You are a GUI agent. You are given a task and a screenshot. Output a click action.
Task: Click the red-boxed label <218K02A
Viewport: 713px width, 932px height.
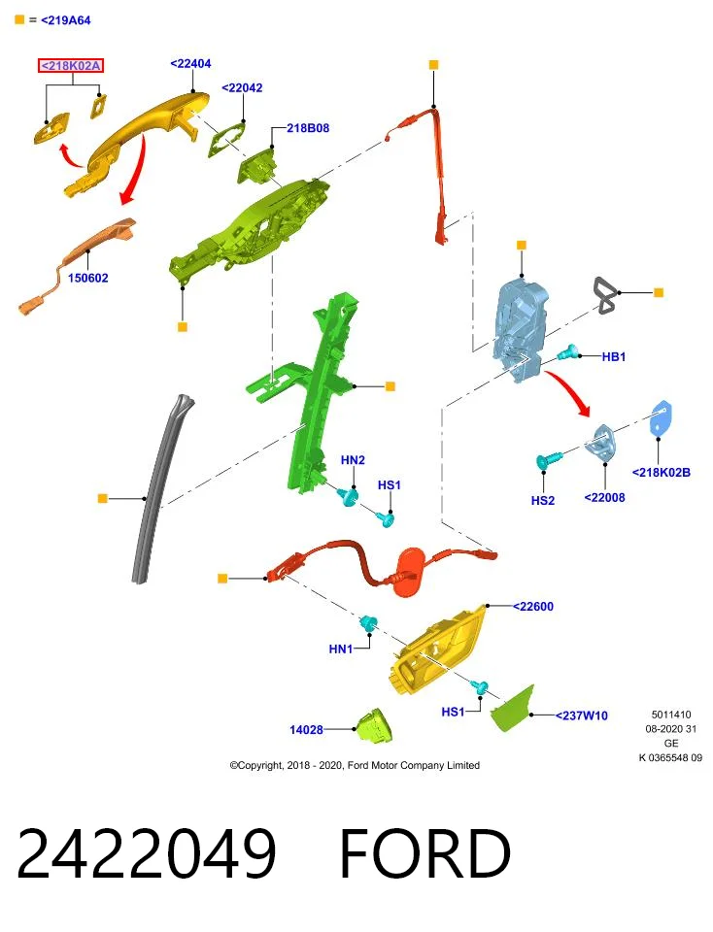[71, 65]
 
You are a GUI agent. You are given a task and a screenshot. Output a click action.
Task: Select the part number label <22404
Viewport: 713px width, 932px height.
[190, 64]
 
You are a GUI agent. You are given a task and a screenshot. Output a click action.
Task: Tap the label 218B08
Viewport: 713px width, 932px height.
[308, 128]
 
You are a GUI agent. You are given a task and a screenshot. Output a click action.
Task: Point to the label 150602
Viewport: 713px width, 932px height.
[88, 278]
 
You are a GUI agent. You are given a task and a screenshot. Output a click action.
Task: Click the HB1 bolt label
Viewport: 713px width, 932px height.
[614, 356]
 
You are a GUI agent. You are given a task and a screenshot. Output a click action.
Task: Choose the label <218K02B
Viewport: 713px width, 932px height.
[662, 473]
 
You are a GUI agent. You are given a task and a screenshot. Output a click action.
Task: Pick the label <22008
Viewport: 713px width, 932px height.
[605, 497]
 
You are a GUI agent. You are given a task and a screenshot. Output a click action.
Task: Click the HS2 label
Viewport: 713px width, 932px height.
[542, 501]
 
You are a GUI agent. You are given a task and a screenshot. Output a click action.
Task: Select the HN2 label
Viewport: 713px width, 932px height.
[353, 460]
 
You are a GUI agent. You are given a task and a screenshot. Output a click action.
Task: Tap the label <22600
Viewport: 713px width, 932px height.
[533, 606]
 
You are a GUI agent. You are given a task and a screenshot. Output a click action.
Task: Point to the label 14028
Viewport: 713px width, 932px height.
[306, 730]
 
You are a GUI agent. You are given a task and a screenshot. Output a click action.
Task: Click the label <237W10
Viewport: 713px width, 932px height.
[582, 716]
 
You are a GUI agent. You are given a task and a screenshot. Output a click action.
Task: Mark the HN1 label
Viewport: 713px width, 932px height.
[341, 649]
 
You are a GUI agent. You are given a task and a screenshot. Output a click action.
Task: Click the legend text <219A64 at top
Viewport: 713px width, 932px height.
[66, 20]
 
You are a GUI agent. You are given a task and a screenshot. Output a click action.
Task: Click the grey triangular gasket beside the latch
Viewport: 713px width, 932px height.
[605, 295]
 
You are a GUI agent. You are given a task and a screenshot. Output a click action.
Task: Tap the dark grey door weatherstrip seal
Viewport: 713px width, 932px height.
[160, 487]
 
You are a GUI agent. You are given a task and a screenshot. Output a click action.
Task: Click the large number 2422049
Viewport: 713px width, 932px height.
[147, 852]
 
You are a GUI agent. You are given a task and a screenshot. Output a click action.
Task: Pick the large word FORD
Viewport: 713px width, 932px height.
[425, 852]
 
